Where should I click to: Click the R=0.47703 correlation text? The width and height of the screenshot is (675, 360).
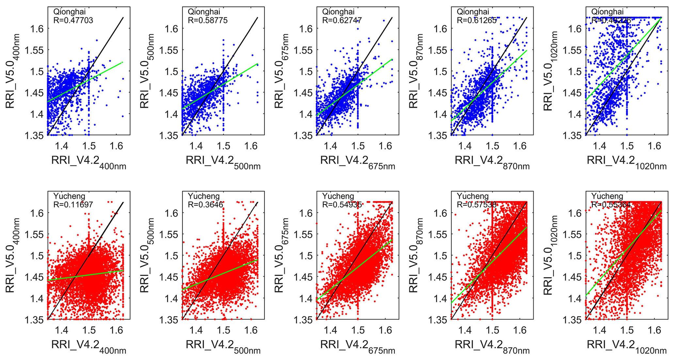click(73, 21)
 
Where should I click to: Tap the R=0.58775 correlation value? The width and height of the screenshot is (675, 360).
click(207, 21)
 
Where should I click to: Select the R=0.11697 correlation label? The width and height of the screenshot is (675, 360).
click(73, 205)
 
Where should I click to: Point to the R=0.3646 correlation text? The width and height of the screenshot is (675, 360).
click(205, 205)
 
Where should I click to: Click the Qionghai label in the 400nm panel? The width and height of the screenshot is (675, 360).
click(69, 12)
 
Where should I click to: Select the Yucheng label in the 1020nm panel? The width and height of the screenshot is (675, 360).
click(607, 196)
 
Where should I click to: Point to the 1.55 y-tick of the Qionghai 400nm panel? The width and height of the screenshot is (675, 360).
click(34, 50)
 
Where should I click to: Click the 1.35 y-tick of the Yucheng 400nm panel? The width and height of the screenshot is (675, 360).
click(34, 320)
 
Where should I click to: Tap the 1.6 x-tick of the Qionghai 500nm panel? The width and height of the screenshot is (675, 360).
click(251, 146)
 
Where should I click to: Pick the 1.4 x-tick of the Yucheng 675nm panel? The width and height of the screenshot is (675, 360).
click(330, 330)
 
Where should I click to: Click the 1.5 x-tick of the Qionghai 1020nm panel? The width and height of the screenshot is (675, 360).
click(627, 146)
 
